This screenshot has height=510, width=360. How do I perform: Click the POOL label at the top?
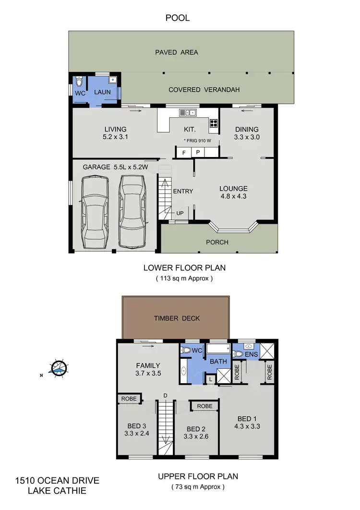[x=178, y=18]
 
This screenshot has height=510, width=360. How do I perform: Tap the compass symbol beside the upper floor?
[x=59, y=368]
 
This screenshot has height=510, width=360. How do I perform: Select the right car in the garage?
[x=132, y=211]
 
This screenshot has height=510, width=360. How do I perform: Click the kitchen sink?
[x=187, y=113]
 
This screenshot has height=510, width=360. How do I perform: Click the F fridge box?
[x=183, y=152]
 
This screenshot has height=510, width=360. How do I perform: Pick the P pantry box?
[x=198, y=152]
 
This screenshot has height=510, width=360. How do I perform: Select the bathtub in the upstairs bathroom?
[x=218, y=350]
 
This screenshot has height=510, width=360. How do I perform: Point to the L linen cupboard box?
[x=211, y=379]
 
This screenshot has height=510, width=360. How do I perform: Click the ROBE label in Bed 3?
[x=130, y=399]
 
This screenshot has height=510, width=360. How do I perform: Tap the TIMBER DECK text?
[x=176, y=318]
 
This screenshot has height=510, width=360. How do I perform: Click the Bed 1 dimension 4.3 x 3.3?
[x=247, y=425]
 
